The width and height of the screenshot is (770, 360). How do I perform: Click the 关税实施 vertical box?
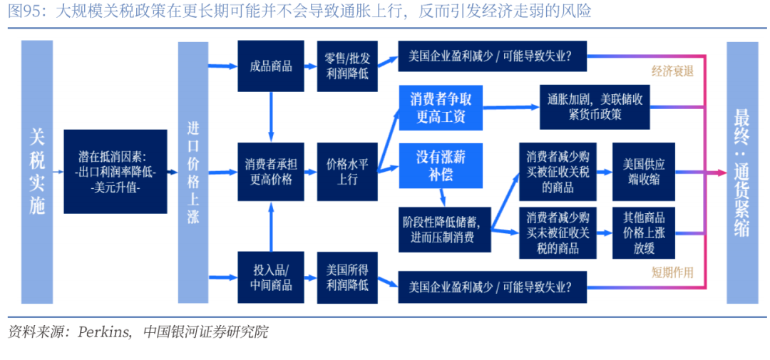37,171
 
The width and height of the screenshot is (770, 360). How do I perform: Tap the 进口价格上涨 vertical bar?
192,172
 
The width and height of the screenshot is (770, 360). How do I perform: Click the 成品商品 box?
271,66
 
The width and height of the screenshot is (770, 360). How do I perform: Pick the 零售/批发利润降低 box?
346,66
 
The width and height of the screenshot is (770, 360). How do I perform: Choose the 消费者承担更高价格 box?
271,171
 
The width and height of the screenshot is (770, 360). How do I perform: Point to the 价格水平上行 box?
346,171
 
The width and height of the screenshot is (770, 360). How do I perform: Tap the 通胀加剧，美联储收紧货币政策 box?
595,106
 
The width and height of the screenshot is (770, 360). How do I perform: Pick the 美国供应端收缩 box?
643,171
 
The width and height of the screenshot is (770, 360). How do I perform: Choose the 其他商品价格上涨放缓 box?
643,232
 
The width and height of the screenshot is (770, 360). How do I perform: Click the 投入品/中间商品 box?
271,277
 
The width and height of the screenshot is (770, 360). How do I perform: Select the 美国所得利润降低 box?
346,277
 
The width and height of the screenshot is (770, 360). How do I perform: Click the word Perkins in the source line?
104,331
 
